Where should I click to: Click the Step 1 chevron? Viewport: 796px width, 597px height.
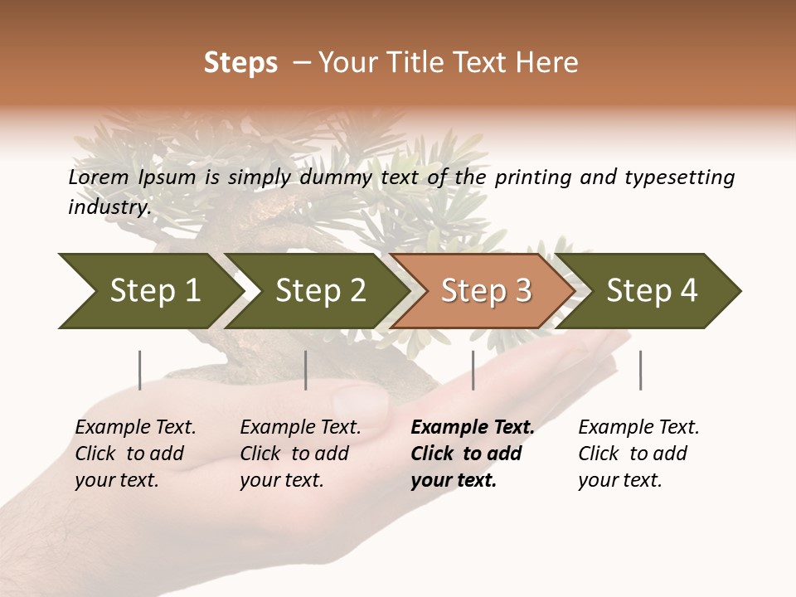click(149, 291)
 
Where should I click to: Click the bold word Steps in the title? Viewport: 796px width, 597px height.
click(240, 63)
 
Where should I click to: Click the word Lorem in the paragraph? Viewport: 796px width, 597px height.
click(98, 177)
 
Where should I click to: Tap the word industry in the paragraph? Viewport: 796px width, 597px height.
click(109, 207)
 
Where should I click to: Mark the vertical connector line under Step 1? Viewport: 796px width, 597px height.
click(140, 370)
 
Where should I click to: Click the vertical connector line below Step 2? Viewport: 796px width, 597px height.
click(306, 370)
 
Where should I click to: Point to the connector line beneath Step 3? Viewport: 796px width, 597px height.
click(473, 370)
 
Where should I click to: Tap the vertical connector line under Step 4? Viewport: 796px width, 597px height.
click(640, 370)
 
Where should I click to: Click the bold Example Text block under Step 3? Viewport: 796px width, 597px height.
click(472, 454)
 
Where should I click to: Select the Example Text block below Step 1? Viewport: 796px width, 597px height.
click(135, 454)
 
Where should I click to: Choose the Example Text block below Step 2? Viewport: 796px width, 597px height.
click(300, 454)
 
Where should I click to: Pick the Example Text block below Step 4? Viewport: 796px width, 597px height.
click(638, 454)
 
